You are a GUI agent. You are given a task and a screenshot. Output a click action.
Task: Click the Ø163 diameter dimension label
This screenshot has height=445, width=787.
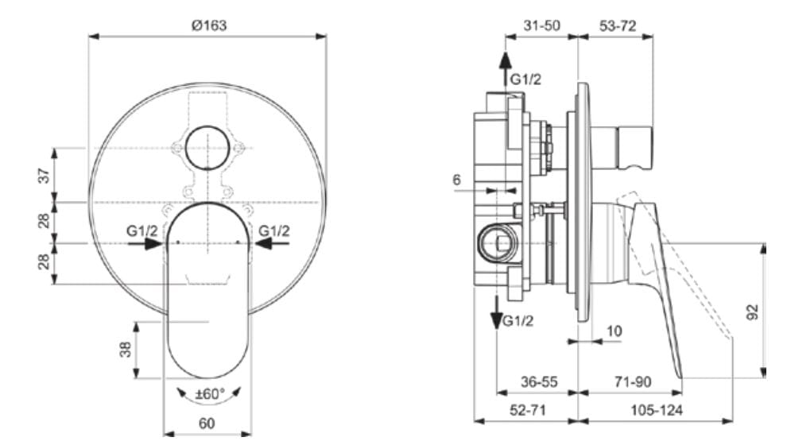(x=209, y=25)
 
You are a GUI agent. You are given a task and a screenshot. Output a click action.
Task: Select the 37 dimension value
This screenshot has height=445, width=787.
(x=45, y=175)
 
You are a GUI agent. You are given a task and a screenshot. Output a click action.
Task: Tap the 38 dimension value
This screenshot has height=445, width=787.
(x=126, y=350)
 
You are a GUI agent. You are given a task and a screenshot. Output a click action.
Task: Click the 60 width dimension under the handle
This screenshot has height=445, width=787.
(x=207, y=424)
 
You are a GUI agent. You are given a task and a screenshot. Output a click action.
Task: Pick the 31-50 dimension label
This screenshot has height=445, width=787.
(x=542, y=25)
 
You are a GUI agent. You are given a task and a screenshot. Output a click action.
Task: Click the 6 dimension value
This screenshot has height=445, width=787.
(x=457, y=180)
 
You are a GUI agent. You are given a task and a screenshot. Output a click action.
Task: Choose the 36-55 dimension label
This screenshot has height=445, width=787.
(x=538, y=382)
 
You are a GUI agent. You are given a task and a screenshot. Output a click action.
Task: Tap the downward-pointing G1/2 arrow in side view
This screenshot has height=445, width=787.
(x=496, y=311)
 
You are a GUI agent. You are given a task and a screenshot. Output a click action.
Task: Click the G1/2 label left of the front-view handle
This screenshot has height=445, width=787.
(x=142, y=231)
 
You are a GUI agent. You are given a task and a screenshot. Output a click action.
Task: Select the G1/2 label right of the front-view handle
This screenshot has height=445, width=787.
(x=274, y=231)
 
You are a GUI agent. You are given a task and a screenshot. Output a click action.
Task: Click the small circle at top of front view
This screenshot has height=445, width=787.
(x=207, y=148)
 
